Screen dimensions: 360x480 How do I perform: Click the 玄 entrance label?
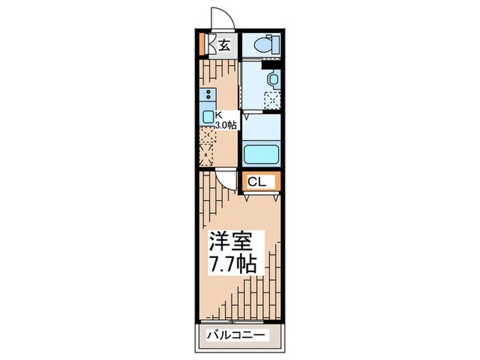tap(225, 46)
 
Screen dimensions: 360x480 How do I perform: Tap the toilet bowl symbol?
tap(263, 45)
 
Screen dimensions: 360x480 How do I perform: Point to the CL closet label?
tap(257, 182)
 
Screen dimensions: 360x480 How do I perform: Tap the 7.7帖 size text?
tap(232, 264)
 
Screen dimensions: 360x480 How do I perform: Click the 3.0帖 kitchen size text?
tap(226, 125)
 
